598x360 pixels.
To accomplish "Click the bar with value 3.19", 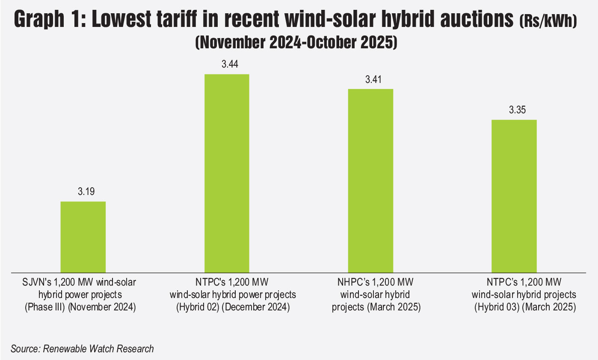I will point(83,236).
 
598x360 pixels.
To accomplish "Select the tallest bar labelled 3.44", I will point(227,173).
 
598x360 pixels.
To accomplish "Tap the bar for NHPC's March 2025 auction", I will point(370,180).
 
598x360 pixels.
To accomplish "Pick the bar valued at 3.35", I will point(514,195).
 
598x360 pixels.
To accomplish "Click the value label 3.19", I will point(83,192).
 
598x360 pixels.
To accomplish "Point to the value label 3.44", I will point(227,65).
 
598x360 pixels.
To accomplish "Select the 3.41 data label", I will point(370,80).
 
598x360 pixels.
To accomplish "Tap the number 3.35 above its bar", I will point(514,111).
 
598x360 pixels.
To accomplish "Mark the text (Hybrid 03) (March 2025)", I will point(524,307).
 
